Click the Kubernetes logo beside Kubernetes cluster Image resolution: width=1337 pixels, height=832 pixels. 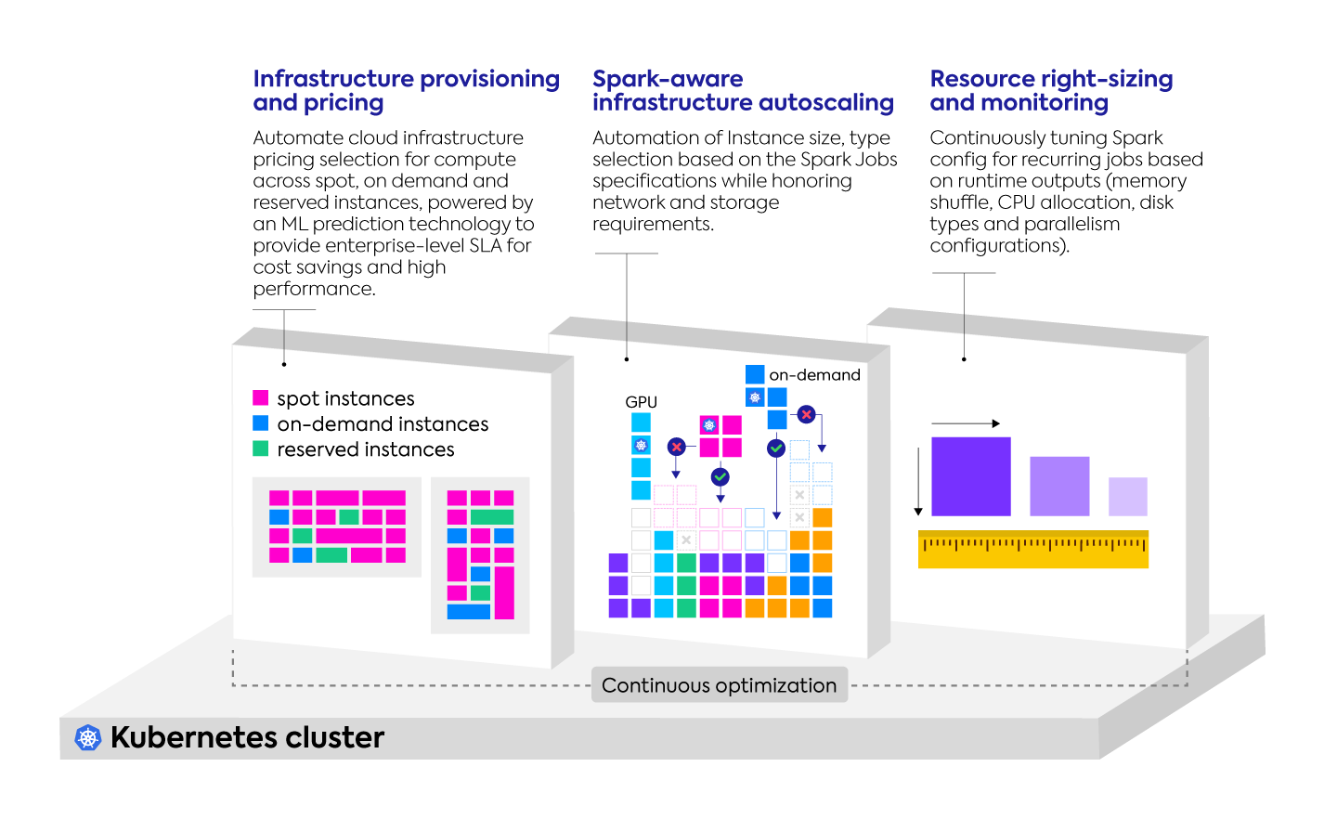pyautogui.click(x=88, y=738)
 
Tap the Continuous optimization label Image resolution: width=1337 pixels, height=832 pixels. pyautogui.click(x=719, y=685)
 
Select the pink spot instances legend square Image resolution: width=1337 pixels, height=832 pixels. pyautogui.click(x=261, y=398)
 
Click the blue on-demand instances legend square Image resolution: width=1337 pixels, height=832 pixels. pyautogui.click(x=261, y=423)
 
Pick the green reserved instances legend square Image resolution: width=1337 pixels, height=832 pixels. pyautogui.click(x=261, y=449)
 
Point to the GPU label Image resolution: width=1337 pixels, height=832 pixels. pyautogui.click(x=641, y=402)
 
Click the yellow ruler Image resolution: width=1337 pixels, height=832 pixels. pyautogui.click(x=1032, y=549)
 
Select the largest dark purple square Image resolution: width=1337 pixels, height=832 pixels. pyautogui.click(x=970, y=476)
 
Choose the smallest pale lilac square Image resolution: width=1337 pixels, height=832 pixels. pyautogui.click(x=1127, y=497)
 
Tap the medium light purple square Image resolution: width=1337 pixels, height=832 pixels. pyautogui.click(x=1059, y=486)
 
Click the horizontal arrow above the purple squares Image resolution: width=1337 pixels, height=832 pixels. pyautogui.click(x=966, y=423)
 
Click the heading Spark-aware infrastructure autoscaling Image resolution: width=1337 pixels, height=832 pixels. pyautogui.click(x=743, y=91)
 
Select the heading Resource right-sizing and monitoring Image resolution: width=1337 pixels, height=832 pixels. pyautogui.click(x=1051, y=91)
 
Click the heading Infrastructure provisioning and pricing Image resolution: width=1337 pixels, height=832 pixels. pyautogui.click(x=406, y=91)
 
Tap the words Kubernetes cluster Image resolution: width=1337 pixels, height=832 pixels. pyautogui.click(x=247, y=738)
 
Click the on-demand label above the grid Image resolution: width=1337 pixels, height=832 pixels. pyautogui.click(x=814, y=375)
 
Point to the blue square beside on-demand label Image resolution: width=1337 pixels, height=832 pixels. pyautogui.click(x=755, y=374)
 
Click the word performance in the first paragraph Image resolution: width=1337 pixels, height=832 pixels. pyautogui.click(x=313, y=289)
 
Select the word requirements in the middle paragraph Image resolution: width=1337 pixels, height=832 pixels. pyautogui.click(x=652, y=224)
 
